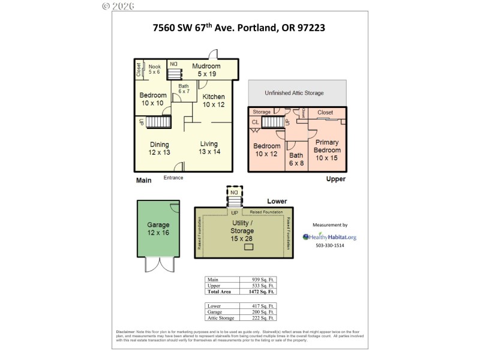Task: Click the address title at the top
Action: pyautogui.click(x=239, y=28)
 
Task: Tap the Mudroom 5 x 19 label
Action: pyautogui.click(x=206, y=70)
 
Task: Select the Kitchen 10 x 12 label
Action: pyautogui.click(x=213, y=100)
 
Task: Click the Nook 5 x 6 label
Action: pyautogui.click(x=155, y=69)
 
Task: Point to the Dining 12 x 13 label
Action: pyautogui.click(x=160, y=148)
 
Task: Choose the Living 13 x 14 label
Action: pyautogui.click(x=209, y=148)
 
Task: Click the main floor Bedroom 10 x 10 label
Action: pyautogui.click(x=152, y=99)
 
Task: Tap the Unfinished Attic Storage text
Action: pyautogui.click(x=294, y=93)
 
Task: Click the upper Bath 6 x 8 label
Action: pyautogui.click(x=296, y=159)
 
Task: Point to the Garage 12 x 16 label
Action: pyautogui.click(x=158, y=229)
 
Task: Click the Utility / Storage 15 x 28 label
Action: pyautogui.click(x=242, y=230)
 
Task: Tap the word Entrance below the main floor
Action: pyautogui.click(x=173, y=178)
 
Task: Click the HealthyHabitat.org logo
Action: pyautogui.click(x=329, y=237)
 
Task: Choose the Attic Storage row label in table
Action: pyautogui.click(x=221, y=318)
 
